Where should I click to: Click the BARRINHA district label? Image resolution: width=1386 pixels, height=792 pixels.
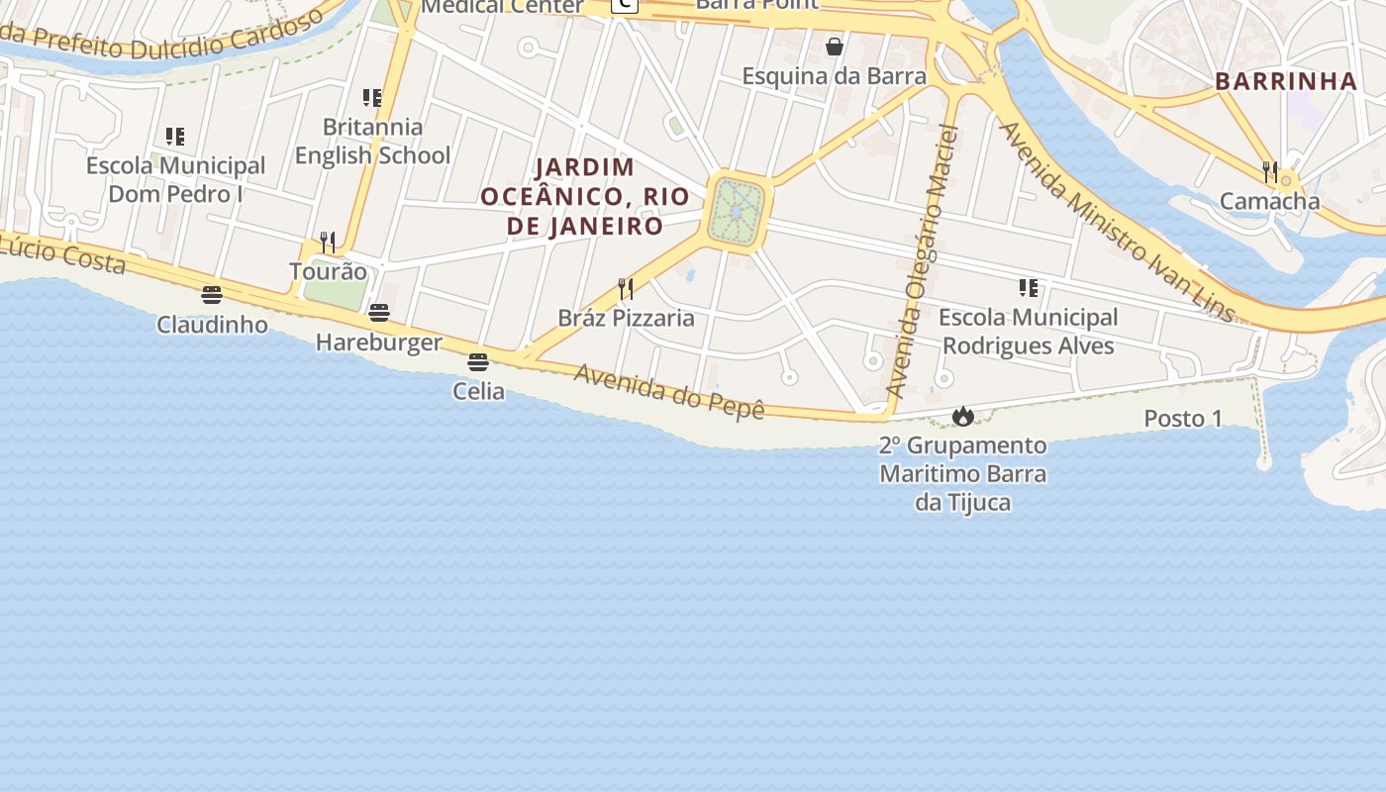(x=1285, y=81)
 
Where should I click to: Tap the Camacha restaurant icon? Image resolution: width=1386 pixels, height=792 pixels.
(x=1270, y=172)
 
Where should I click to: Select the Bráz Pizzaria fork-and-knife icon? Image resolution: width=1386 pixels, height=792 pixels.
(x=626, y=289)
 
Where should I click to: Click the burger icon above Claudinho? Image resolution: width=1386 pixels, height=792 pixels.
(x=211, y=294)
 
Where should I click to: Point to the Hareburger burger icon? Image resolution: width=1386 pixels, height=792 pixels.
(x=379, y=313)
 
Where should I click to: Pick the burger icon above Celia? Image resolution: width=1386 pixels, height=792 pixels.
(x=478, y=362)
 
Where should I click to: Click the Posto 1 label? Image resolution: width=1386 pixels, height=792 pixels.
(x=1183, y=419)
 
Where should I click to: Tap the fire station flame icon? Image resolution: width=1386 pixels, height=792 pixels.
(x=962, y=417)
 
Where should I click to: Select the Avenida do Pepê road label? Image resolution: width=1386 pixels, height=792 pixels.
(x=669, y=390)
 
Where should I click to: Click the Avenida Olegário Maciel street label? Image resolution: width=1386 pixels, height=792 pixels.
(x=923, y=262)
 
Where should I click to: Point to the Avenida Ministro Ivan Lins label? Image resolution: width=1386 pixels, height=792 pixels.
(x=1117, y=222)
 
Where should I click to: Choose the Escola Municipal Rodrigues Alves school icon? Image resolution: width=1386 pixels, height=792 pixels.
(x=1029, y=288)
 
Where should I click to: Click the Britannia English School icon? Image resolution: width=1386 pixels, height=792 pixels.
(x=372, y=98)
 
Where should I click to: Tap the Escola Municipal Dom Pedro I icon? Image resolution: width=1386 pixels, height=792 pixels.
(x=175, y=137)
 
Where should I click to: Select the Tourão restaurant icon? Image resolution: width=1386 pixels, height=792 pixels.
(x=328, y=242)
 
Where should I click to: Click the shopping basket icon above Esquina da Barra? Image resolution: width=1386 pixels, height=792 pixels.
(x=835, y=47)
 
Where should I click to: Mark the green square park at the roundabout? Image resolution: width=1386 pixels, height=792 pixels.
(x=738, y=212)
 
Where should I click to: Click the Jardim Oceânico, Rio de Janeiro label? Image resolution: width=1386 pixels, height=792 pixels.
(x=585, y=196)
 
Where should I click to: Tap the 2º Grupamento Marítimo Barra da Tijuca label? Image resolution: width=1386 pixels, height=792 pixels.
(x=962, y=474)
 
